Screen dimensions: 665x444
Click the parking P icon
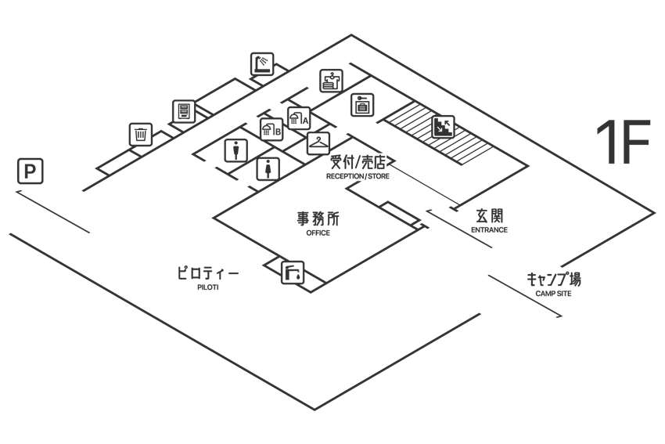tap(30, 171)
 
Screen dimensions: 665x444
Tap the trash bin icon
tap(140, 135)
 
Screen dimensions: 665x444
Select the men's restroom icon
tap(235, 150)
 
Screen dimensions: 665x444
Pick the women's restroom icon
tap(268, 169)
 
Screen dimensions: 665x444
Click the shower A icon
tap(299, 118)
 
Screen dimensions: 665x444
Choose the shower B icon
tap(271, 129)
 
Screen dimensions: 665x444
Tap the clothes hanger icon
tap(318, 143)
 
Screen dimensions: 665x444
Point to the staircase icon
tap(443, 127)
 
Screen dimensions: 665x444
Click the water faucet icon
tap(293, 272)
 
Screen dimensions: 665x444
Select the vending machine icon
tap(184, 112)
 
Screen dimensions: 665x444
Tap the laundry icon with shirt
tap(331, 81)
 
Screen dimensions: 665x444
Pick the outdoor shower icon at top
tap(262, 64)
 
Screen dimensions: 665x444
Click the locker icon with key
tap(362, 104)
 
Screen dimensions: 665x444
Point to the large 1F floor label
tap(623, 142)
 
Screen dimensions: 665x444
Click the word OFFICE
tap(318, 233)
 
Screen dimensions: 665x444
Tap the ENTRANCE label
tap(490, 230)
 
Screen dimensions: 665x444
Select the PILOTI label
tap(208, 287)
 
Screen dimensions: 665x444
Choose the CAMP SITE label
tap(553, 294)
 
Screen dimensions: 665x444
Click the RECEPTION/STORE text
tap(358, 176)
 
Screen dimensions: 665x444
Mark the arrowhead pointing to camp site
tap(560, 316)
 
